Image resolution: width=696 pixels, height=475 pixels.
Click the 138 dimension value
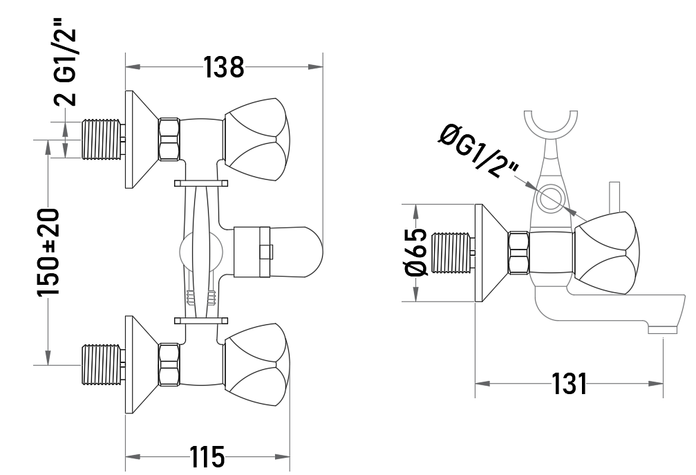(224, 68)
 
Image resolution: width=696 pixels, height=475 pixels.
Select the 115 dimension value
(207, 456)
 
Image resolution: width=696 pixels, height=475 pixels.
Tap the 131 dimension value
(569, 384)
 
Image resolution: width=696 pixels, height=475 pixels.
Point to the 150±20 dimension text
(48, 252)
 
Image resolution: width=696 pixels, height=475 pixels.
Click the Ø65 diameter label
(416, 252)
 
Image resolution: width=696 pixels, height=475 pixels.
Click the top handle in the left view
(257, 140)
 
